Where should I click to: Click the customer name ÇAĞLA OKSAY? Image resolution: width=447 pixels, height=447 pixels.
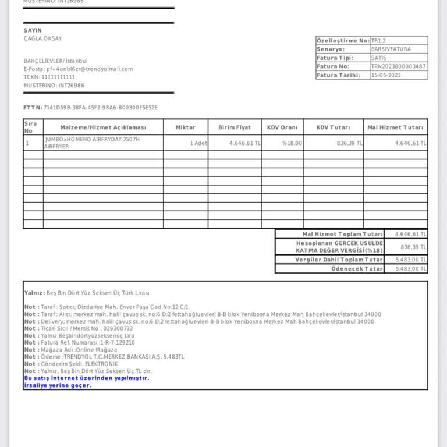click(x=42, y=39)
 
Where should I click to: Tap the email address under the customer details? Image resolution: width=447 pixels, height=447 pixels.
click(x=78, y=69)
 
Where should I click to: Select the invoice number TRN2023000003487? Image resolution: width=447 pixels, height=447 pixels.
click(x=398, y=66)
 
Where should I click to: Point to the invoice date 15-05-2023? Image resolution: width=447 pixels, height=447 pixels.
click(x=385, y=75)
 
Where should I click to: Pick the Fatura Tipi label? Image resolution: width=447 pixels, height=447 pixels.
click(x=335, y=58)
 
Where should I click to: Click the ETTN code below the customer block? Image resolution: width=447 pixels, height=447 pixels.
click(x=100, y=108)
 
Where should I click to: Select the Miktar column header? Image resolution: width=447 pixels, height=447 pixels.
click(x=186, y=127)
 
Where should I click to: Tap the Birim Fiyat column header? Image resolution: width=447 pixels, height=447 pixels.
click(x=235, y=127)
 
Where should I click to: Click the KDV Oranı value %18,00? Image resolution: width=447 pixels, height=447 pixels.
click(x=292, y=143)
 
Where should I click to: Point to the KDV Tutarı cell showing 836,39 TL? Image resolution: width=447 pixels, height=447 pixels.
click(x=349, y=143)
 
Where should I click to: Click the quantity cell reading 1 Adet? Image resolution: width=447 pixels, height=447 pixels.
click(x=198, y=143)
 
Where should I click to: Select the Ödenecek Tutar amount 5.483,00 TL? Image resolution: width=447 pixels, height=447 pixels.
click(x=411, y=269)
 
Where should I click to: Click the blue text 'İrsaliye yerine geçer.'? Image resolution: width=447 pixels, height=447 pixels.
click(x=58, y=385)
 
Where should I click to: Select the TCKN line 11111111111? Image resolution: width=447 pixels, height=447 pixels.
click(x=49, y=77)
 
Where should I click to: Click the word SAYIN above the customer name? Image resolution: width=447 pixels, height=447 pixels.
click(x=33, y=30)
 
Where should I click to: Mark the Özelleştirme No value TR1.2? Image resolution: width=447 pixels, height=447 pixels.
click(x=379, y=41)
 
